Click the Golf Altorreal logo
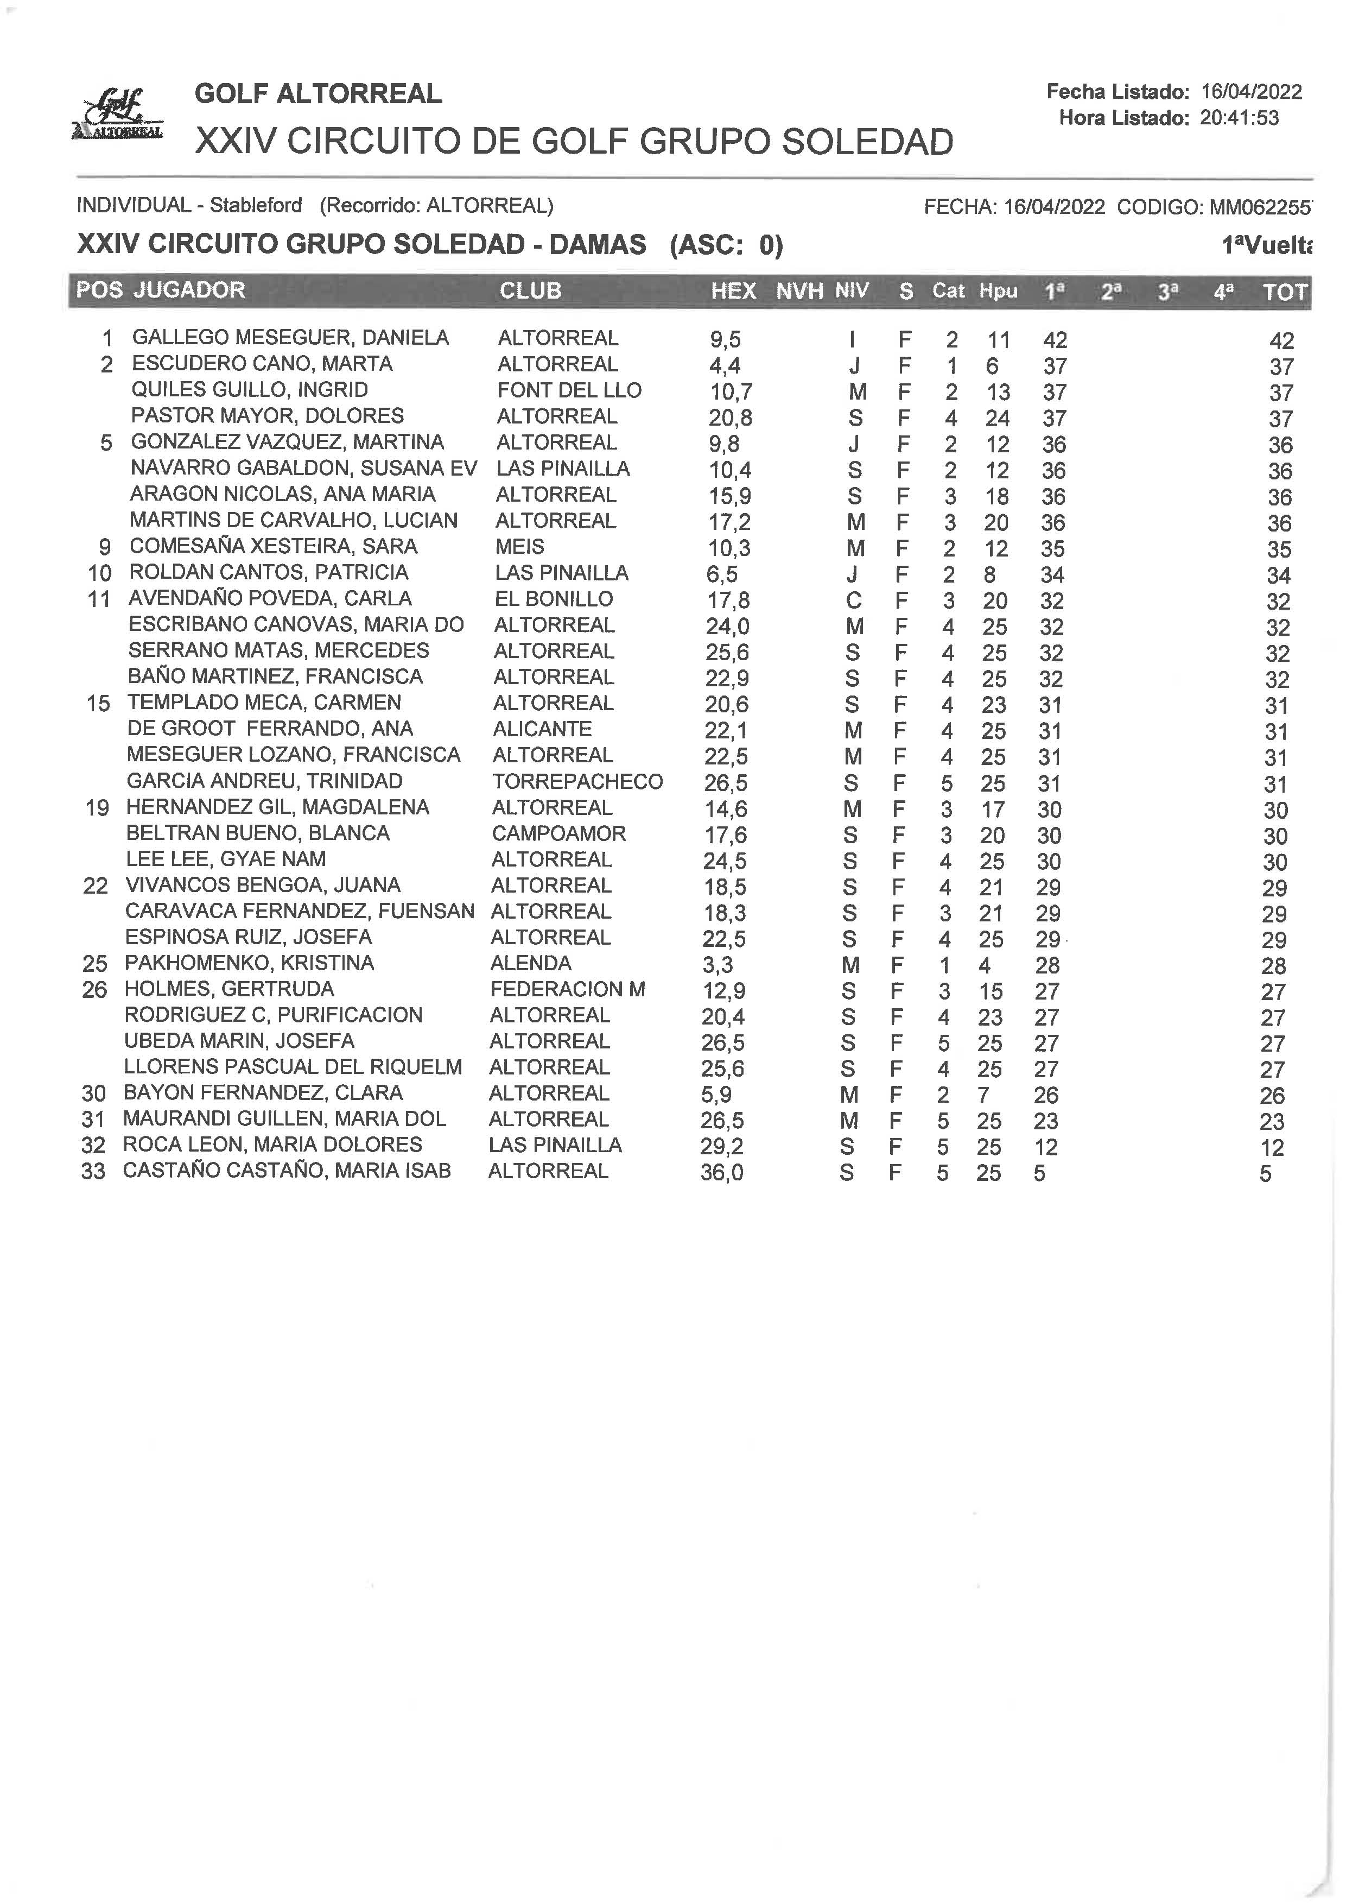pos(118,115)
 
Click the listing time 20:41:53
pos(1239,118)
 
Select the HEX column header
pos(733,291)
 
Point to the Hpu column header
pos(998,291)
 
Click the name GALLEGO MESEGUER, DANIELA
pos(290,338)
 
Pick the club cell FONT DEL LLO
pos(569,390)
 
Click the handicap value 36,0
pos(722,1173)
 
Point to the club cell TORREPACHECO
pos(577,781)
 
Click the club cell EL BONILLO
pos(554,599)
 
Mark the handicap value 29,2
pos(722,1147)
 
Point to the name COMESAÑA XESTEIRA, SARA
pos(274,546)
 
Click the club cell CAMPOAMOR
pos(558,833)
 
